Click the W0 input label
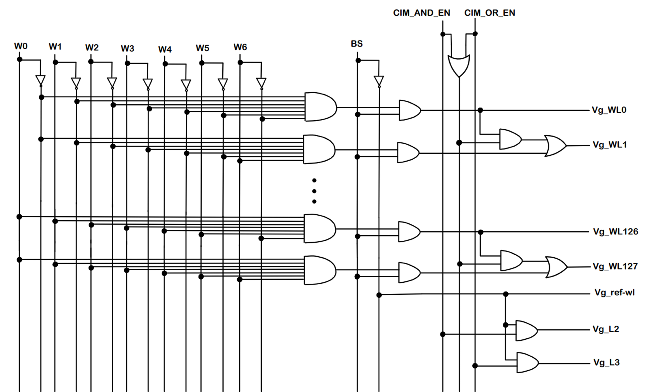pyautogui.click(x=21, y=46)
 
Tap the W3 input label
pyautogui.click(x=127, y=48)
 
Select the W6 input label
pyautogui.click(x=240, y=47)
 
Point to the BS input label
pyautogui.click(x=357, y=44)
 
